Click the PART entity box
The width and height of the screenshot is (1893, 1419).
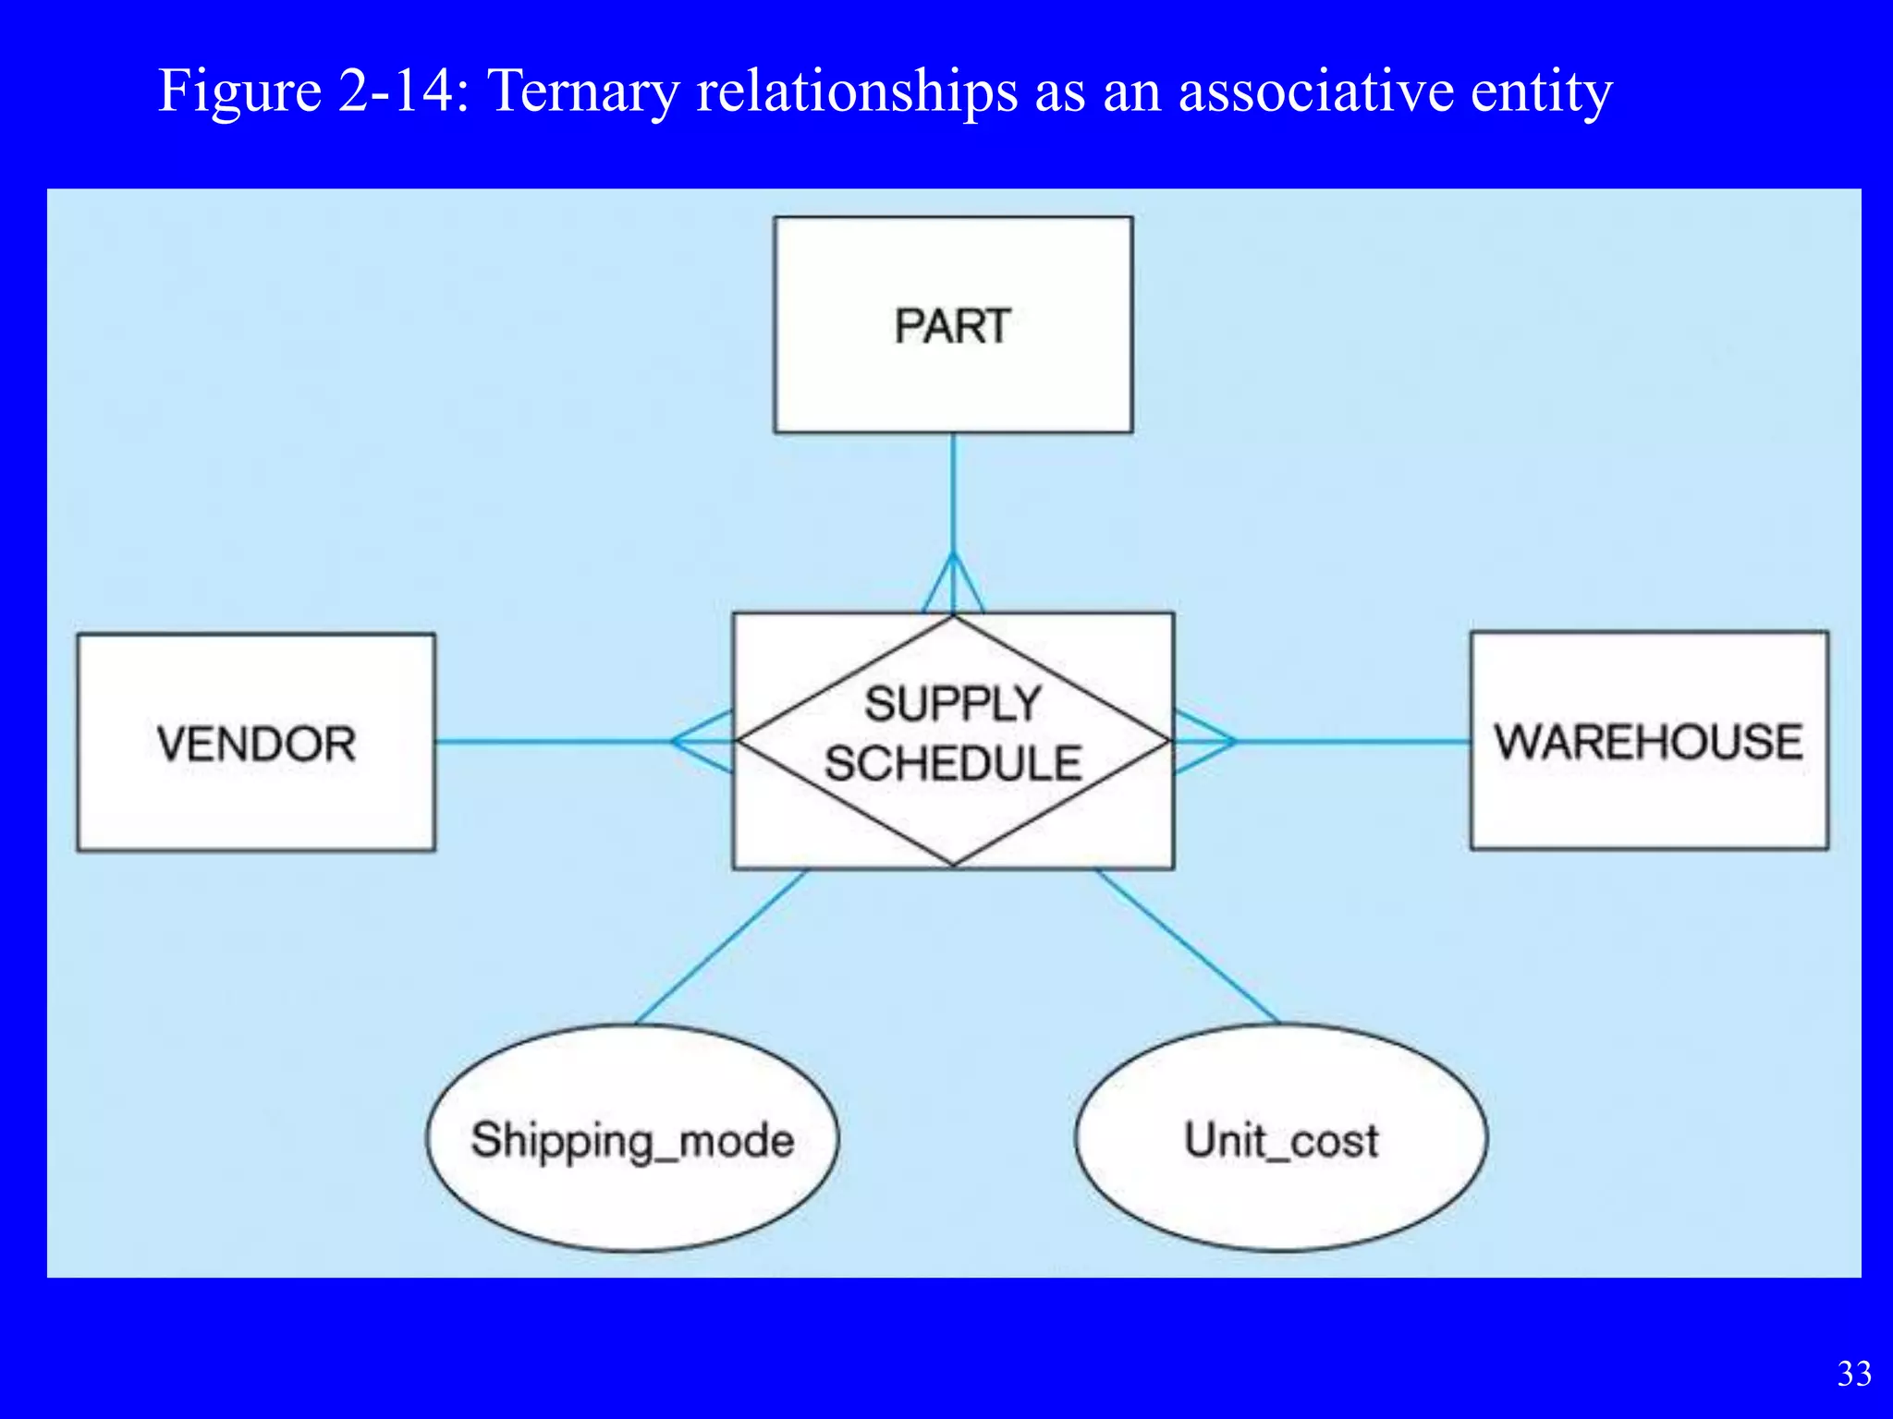point(953,325)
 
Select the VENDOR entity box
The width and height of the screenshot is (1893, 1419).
point(256,743)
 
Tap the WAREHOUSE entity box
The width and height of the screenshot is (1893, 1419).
point(1649,741)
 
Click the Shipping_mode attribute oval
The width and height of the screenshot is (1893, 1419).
point(632,1139)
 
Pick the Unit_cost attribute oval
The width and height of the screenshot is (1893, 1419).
point(1281,1139)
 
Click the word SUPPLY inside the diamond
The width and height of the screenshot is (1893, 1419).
point(953,704)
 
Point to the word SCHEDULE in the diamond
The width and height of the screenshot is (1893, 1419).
point(953,764)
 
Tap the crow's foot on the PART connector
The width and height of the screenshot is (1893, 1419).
point(953,586)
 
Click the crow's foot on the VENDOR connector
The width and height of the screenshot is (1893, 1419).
point(702,741)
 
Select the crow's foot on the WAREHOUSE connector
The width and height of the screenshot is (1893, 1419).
point(1203,741)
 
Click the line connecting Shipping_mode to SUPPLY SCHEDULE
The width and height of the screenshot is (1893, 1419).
point(721,947)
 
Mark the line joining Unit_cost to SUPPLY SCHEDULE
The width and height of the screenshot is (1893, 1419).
point(1188,947)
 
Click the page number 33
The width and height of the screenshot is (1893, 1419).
point(1854,1374)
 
